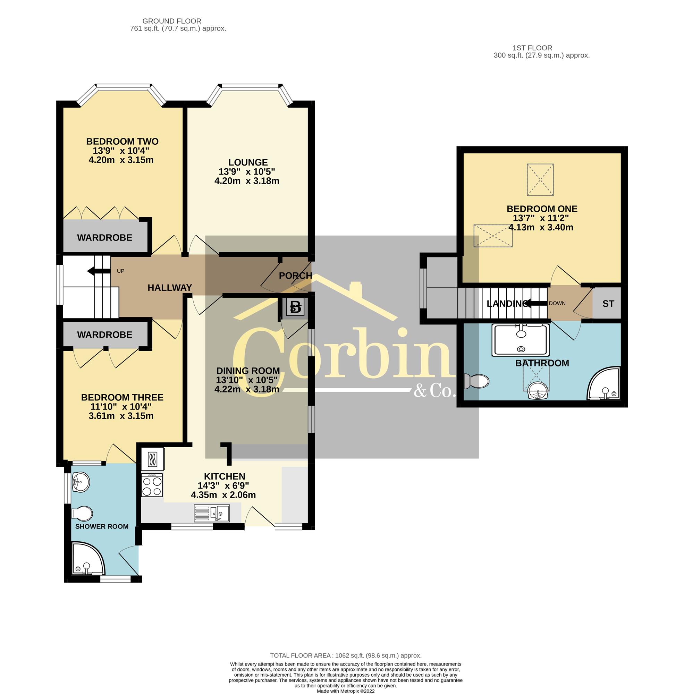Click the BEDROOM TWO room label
(x=122, y=141)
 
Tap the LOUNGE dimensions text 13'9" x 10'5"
(x=248, y=171)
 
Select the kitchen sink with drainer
(x=212, y=513)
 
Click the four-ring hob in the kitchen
(x=152, y=485)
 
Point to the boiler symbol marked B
(x=296, y=307)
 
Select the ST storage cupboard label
(x=608, y=304)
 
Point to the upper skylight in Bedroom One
(x=540, y=180)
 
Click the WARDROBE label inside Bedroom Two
(x=104, y=237)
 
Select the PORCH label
(x=295, y=276)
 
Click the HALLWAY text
(x=170, y=287)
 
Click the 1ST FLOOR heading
(x=532, y=48)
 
